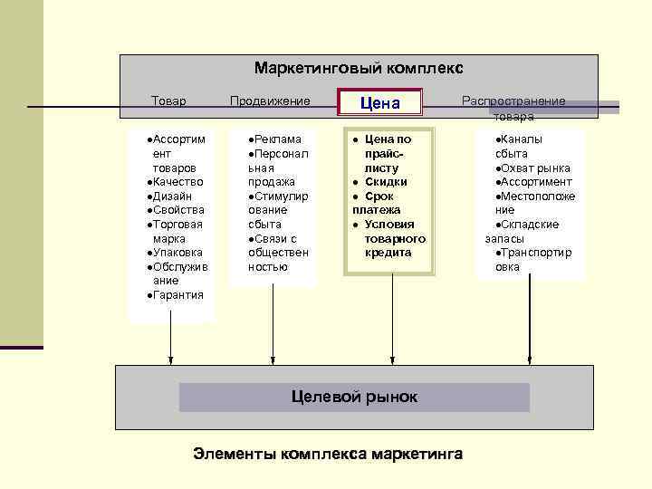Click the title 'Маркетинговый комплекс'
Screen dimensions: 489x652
pyautogui.click(x=359, y=69)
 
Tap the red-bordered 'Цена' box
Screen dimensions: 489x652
pyautogui.click(x=380, y=104)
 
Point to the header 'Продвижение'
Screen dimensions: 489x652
pyautogui.click(x=270, y=101)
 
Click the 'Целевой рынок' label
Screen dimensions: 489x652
pyautogui.click(x=354, y=397)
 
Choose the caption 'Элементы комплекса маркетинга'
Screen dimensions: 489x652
pyautogui.click(x=328, y=454)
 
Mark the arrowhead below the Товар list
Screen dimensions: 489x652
pyautogui.click(x=170, y=360)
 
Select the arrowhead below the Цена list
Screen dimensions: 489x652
pyautogui.click(x=391, y=360)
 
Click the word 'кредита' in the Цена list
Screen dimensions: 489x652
pyautogui.click(x=388, y=253)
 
